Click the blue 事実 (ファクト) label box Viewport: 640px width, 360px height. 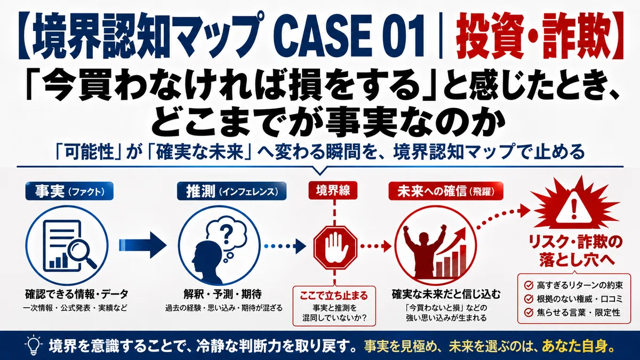69,191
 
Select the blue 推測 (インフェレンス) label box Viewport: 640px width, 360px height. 231,191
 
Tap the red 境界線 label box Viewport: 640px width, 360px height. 333,190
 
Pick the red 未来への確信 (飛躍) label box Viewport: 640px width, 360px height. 446,191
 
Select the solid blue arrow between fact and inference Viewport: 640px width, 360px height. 142,245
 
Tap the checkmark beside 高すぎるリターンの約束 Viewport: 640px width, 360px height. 529,285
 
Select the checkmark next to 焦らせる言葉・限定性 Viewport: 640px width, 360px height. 529,313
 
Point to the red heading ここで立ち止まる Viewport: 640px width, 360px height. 334,295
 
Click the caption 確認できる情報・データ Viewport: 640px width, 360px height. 77,294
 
